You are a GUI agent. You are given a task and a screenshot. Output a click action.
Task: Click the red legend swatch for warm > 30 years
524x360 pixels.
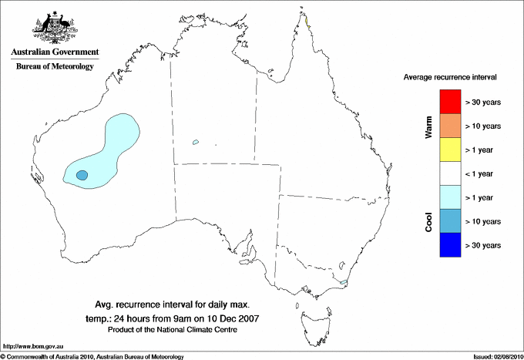[x=450, y=102]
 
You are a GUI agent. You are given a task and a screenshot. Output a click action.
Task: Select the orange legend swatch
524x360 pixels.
[x=450, y=126]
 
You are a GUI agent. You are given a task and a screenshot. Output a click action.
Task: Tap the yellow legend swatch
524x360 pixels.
[x=450, y=150]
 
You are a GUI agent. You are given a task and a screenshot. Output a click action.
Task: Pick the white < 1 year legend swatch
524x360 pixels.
[x=450, y=173]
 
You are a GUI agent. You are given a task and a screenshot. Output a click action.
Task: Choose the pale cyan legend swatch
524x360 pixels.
[x=450, y=197]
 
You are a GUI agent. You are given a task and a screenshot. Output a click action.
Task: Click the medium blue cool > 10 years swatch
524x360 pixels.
[x=450, y=221]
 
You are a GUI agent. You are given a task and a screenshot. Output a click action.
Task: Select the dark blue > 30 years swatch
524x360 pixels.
[x=450, y=245]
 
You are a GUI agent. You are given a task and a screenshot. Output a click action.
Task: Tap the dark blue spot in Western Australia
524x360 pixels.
[x=82, y=176]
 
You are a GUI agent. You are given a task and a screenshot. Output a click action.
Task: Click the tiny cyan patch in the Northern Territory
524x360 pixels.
[x=196, y=141]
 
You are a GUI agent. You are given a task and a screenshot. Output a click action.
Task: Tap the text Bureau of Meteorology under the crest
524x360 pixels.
[x=54, y=67]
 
